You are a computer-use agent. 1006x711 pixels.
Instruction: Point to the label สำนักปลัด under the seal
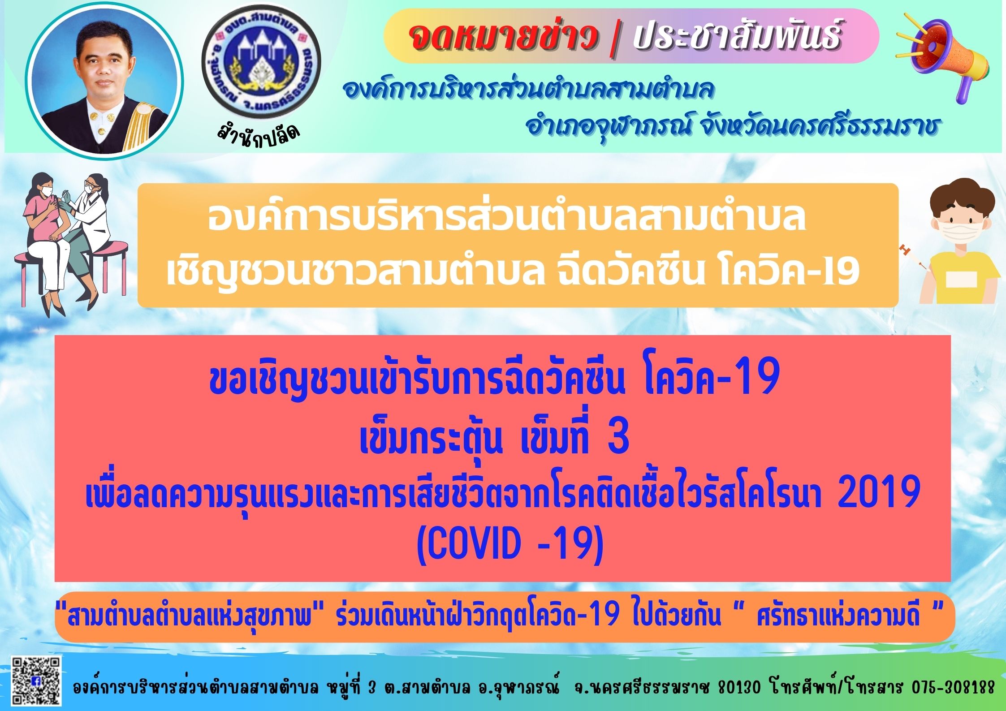(257, 133)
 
